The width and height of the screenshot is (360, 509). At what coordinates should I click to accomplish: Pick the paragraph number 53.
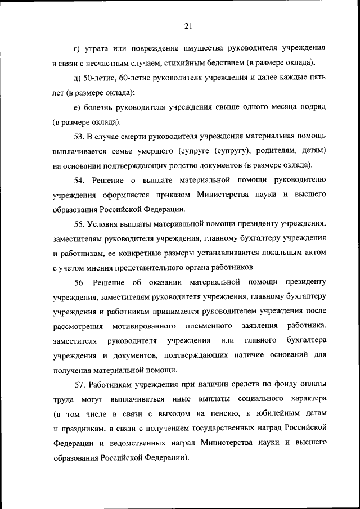pyautogui.click(x=79, y=137)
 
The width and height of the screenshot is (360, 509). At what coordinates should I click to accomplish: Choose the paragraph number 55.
pyautogui.click(x=79, y=224)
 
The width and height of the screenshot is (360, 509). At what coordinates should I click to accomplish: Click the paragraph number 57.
pyautogui.click(x=79, y=384)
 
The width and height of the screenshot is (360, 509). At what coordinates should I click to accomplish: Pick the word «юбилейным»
pyautogui.click(x=271, y=414)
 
